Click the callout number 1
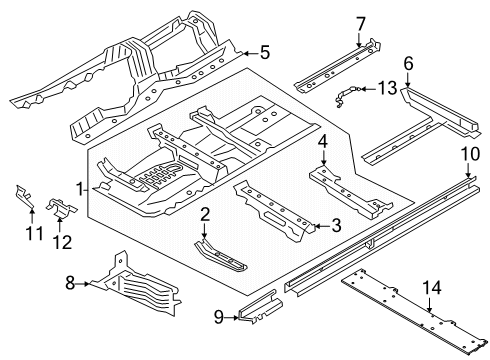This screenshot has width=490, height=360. click(80, 186)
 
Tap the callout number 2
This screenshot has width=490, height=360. click(203, 214)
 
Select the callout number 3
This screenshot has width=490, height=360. click(337, 226)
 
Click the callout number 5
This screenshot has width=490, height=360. click(265, 52)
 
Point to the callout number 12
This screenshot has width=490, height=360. click(62, 240)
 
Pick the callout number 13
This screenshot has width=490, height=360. click(386, 89)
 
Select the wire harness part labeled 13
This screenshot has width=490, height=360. click(349, 96)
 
